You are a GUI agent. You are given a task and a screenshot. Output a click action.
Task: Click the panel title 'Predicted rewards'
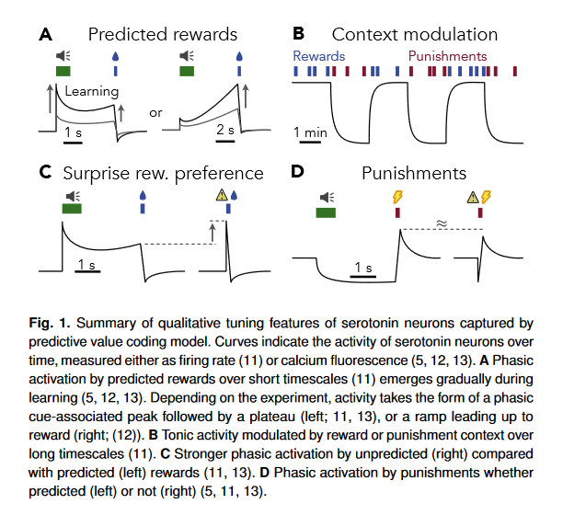[x=163, y=34]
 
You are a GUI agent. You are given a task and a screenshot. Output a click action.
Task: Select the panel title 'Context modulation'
[x=415, y=34]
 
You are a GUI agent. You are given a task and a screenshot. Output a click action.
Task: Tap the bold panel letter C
[x=46, y=172]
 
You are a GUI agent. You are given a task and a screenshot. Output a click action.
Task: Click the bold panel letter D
[x=297, y=172]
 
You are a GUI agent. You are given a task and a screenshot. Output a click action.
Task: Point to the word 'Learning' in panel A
[x=92, y=92]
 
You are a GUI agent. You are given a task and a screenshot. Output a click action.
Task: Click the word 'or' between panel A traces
[x=155, y=113]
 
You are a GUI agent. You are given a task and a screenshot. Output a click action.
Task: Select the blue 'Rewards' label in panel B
[x=319, y=56]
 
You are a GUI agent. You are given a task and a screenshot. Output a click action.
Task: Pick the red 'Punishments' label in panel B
[x=447, y=56]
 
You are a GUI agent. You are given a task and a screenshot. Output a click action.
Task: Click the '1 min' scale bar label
[x=310, y=132]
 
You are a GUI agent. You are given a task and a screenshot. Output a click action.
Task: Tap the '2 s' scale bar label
[x=225, y=130]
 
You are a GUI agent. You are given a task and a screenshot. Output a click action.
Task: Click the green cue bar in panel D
[x=326, y=212]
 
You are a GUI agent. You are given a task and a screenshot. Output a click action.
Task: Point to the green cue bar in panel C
[x=72, y=208]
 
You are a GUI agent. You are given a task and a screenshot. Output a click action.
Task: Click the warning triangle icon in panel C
[x=222, y=195]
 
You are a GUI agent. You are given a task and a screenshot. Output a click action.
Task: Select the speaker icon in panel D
[x=327, y=198]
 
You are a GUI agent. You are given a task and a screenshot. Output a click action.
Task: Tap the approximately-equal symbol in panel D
[x=442, y=223]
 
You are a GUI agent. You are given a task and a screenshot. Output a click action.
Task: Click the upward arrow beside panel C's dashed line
[x=213, y=233]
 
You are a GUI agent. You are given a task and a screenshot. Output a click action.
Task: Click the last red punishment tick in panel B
[x=515, y=71]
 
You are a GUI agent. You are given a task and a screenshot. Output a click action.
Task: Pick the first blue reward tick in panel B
[x=296, y=71]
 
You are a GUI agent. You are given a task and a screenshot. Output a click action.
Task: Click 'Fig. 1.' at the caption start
[x=50, y=323]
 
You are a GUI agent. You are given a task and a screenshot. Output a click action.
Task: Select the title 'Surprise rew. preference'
[x=164, y=174]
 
